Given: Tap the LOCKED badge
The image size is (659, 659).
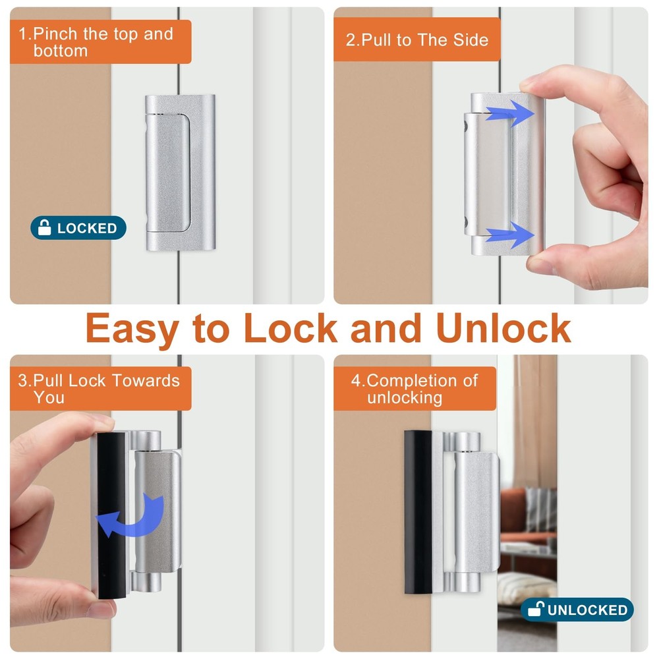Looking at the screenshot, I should pos(78,228).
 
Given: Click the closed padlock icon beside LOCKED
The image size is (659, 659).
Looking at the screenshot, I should pos(45,228).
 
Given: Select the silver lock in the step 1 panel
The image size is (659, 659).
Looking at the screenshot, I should pos(180,173).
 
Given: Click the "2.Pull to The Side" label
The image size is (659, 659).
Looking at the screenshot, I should pos(416,40).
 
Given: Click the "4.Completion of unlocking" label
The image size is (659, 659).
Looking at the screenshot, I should pos(415,389).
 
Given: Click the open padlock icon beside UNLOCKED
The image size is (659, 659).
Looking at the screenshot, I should pos(534,610).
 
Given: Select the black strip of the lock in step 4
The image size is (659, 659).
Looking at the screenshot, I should pos(417,511).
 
